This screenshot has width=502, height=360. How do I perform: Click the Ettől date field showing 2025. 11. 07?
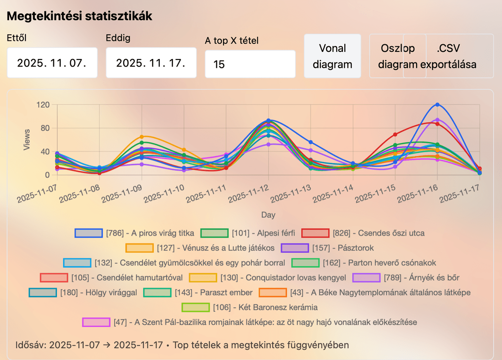coord(52,63)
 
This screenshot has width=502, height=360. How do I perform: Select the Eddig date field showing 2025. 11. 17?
coord(151,63)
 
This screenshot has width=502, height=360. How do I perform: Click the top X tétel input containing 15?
coord(250,64)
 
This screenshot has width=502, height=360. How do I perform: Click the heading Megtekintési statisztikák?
coord(79,16)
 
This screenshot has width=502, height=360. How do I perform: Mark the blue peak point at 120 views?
coord(437,105)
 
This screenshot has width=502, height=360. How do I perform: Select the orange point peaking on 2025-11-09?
coord(142,137)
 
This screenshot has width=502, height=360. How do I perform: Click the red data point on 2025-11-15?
coord(395,134)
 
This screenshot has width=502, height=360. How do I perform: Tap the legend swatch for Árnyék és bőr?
coord(366,278)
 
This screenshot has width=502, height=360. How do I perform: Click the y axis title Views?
coord(26,139)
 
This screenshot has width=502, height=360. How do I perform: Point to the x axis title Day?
coord(268,215)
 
